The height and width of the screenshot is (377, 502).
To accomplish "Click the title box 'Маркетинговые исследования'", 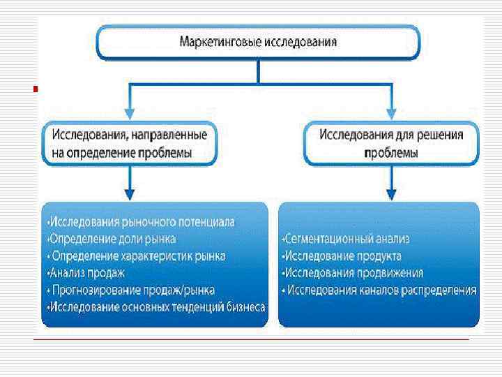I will pos(258,43).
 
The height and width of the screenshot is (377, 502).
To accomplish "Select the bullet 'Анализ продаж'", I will pos(87,273).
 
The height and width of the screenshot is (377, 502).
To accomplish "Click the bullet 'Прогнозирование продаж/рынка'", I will pos(133,290).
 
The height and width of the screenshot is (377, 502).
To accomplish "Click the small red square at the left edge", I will pos(36,89).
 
